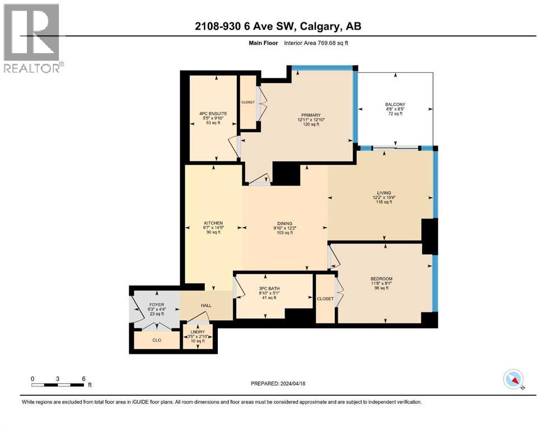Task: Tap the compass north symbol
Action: point(513,380)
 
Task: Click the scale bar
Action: point(58,385)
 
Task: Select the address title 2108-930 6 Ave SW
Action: point(278,26)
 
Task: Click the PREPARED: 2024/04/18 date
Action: point(278,384)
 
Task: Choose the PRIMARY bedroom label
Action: point(309,115)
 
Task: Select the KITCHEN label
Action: point(213,223)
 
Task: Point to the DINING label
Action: point(284,223)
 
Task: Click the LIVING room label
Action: point(384,193)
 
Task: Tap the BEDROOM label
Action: point(381,279)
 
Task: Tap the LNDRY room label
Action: point(198,332)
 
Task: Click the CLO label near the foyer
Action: point(157,340)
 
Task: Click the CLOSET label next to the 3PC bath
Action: point(325,299)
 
